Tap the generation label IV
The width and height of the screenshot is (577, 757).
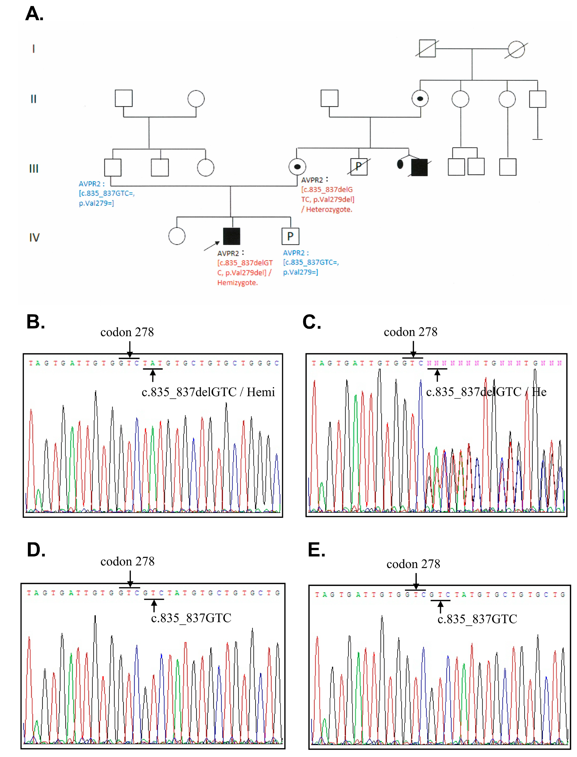34,237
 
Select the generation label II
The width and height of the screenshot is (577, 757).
33,99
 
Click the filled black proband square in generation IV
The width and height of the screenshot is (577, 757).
231,236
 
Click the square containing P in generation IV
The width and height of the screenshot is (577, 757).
290,236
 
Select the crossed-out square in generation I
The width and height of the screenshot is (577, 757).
427,49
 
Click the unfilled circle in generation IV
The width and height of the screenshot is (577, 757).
177,236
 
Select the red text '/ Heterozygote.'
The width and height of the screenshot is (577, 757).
327,209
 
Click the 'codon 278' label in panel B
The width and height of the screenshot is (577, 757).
127,332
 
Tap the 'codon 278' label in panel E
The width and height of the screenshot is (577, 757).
413,564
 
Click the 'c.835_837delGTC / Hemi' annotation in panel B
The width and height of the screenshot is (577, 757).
208,392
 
